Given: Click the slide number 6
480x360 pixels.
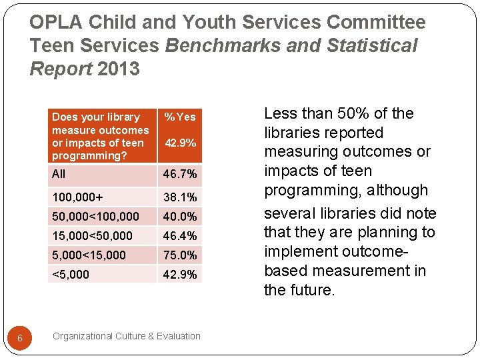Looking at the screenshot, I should click(x=20, y=339).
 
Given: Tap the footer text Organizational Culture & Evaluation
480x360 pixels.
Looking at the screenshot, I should click(x=126, y=336).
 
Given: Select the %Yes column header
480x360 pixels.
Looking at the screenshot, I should click(x=180, y=117).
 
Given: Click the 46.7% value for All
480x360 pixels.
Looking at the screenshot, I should click(x=180, y=175).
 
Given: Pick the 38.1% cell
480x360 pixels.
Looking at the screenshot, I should click(x=180, y=197).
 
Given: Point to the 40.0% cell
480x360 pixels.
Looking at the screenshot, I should click(x=180, y=217).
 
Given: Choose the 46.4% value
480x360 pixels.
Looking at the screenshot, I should click(x=180, y=236).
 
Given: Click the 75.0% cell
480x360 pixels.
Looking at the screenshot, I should click(x=180, y=255).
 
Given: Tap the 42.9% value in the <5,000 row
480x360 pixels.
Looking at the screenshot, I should click(x=180, y=275).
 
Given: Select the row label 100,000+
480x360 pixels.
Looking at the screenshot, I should click(x=77, y=197).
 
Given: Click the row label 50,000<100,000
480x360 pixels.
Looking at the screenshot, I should click(x=95, y=217).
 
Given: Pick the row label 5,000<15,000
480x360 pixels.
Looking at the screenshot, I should click(x=88, y=255).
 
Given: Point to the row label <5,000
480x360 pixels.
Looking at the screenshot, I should click(x=70, y=275).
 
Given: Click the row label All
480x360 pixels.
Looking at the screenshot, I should click(x=59, y=174).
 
